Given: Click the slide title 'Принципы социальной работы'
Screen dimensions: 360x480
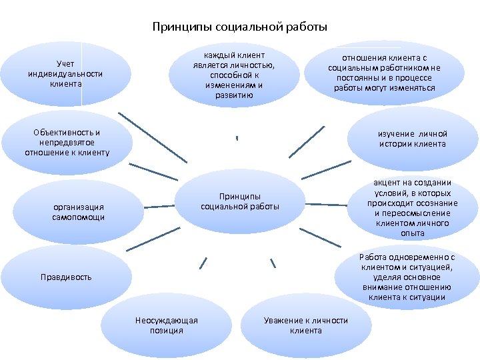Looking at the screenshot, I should (239, 27).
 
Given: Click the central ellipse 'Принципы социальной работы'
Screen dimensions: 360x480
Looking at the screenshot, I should (240, 201).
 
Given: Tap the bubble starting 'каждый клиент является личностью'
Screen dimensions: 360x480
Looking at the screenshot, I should (234, 74).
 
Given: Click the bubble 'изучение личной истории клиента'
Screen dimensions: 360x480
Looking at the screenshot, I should (413, 138).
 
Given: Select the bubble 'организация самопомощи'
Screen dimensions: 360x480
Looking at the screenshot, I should (79, 212).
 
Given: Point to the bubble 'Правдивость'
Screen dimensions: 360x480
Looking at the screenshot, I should (66, 277).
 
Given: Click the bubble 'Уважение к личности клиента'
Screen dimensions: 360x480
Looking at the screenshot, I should (305, 325).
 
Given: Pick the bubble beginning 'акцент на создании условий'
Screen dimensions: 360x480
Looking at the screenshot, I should (413, 208).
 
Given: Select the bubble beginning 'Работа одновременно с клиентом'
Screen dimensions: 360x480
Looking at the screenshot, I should (407, 277).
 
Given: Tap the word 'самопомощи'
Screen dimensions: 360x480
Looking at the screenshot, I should (79, 217).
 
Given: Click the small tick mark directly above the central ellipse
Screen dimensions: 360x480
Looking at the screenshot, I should (237, 138).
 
